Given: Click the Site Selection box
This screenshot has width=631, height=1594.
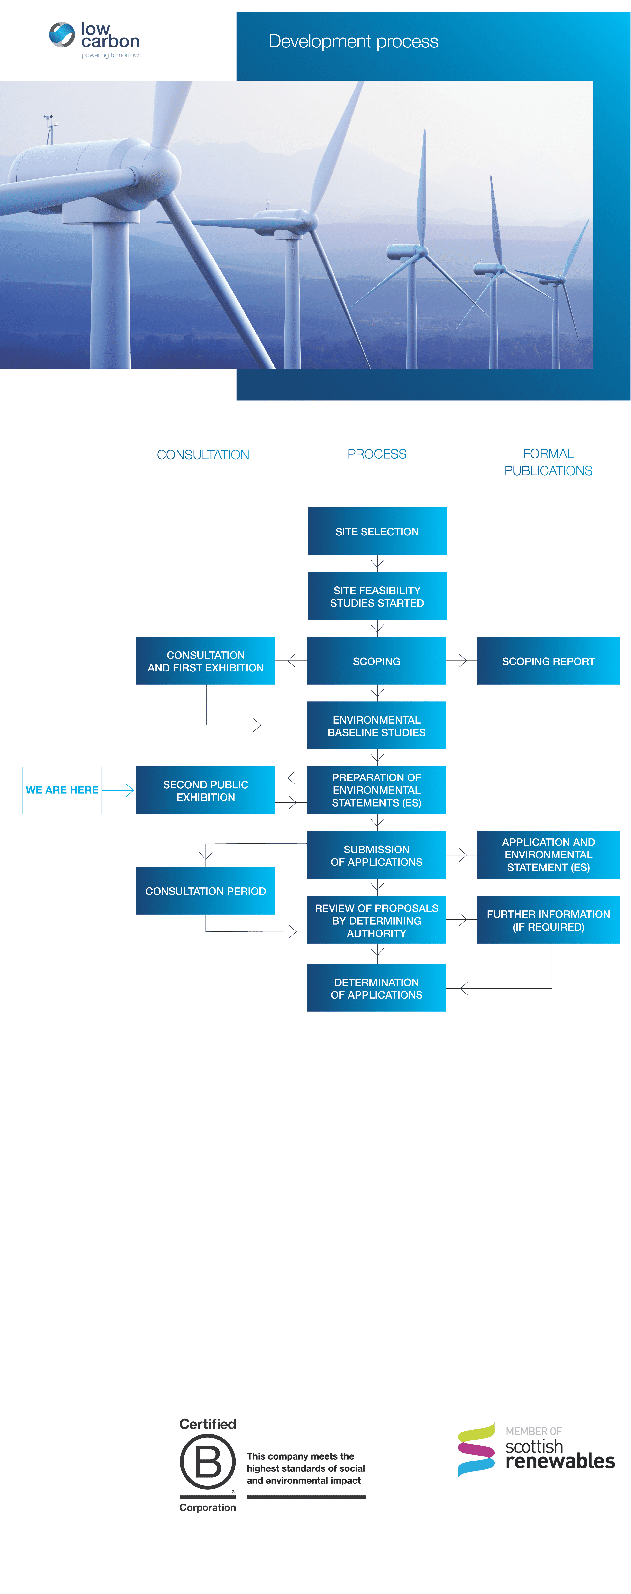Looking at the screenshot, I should coord(377,531).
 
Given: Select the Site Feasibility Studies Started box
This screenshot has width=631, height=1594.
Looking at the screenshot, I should coord(377,596).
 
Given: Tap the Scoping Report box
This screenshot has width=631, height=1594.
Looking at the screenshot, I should coord(548,661).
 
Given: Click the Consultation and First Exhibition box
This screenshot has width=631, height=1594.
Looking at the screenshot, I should coord(206,661).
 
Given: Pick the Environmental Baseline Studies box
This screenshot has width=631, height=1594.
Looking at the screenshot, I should coord(377,725).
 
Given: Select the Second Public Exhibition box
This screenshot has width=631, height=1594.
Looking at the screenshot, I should coord(206,790).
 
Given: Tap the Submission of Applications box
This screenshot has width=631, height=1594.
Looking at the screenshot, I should coord(377,855).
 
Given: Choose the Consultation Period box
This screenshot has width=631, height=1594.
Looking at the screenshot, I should coord(206,890).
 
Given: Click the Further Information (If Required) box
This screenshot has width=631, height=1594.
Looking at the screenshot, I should coord(548,920).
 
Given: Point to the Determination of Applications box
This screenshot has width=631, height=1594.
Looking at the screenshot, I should coord(377,987).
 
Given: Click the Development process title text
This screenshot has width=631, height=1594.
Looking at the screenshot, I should coord(353,41).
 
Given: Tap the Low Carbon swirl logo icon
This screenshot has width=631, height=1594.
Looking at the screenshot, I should coord(62,35).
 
